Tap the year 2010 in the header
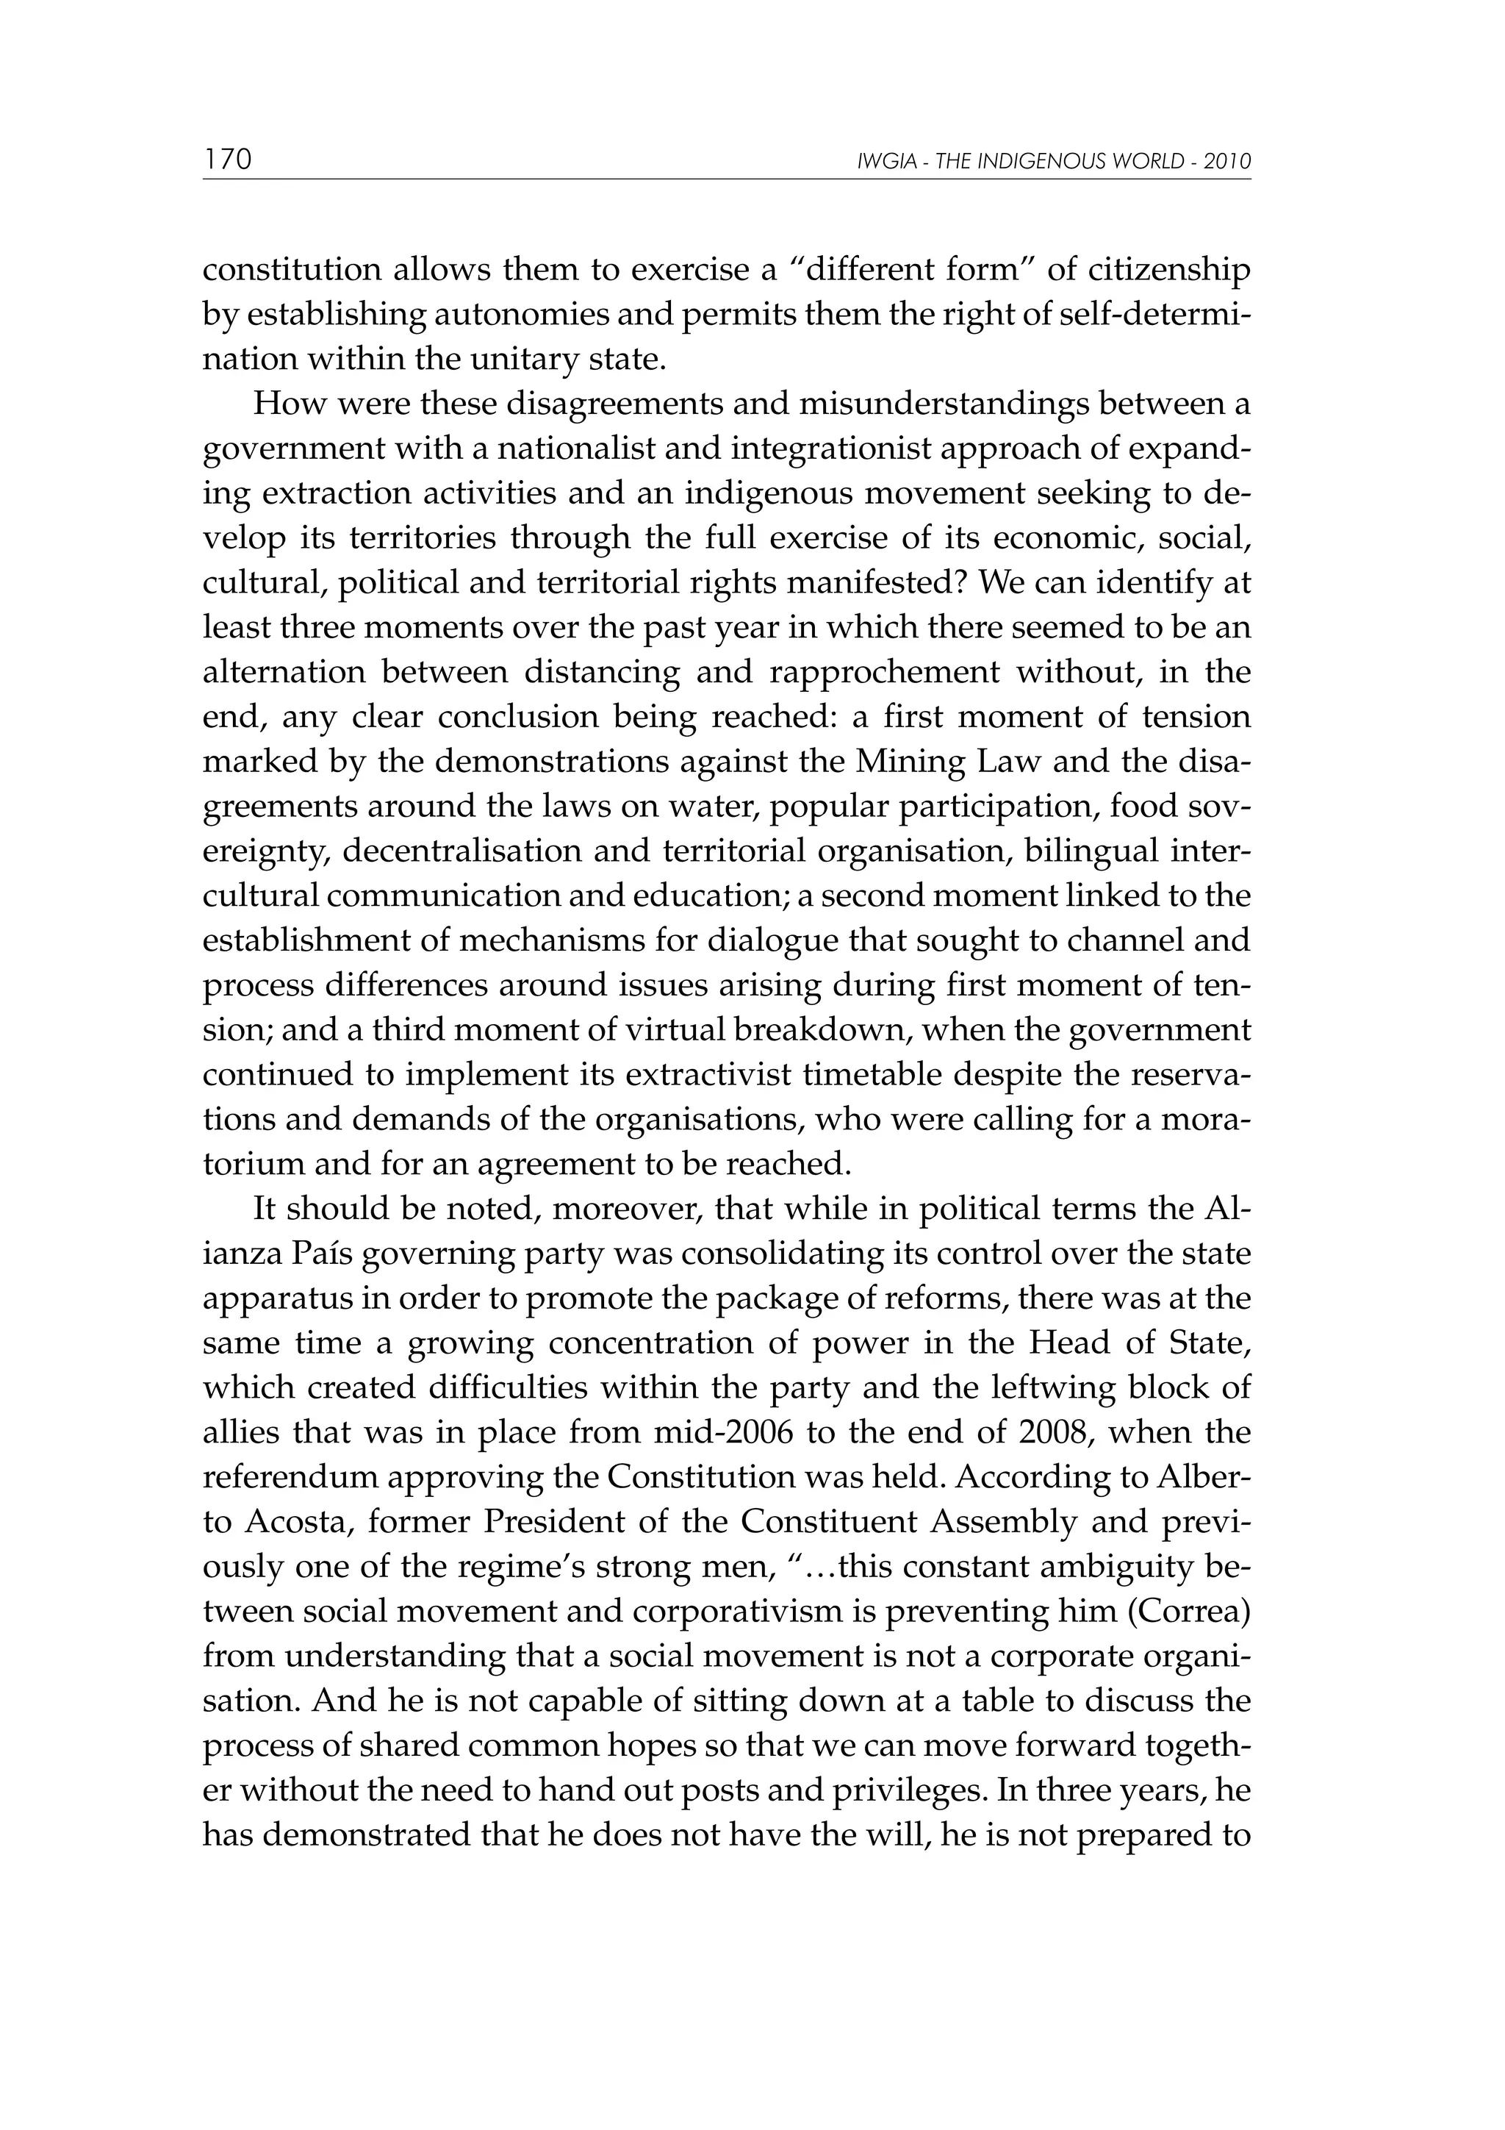(x=1226, y=162)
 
